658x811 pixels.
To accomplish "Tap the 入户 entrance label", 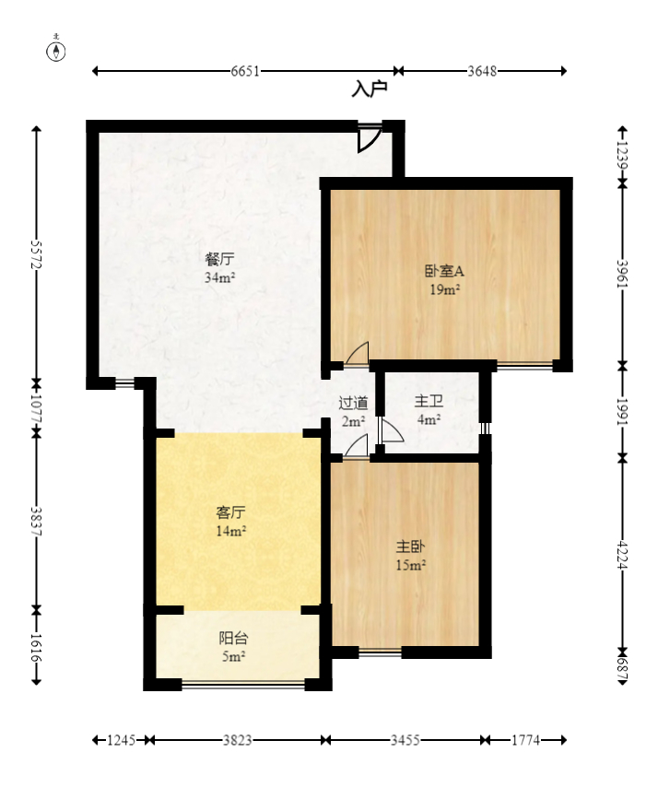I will click(x=370, y=89).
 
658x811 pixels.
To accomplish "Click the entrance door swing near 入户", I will click(x=369, y=138).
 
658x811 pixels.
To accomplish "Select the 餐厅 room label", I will click(x=220, y=259).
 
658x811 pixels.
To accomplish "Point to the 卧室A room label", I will click(x=443, y=271).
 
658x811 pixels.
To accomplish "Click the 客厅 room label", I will click(x=230, y=512).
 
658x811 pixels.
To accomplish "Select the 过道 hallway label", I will click(x=353, y=403).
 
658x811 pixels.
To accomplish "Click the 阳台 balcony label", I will click(x=232, y=638).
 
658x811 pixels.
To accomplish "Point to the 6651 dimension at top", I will click(x=245, y=71).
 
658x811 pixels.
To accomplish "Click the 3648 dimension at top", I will click(x=482, y=71).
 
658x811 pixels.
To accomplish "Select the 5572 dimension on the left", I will click(x=37, y=254).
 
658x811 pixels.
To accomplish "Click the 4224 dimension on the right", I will click(x=622, y=554).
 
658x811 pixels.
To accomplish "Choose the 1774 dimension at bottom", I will click(x=524, y=740).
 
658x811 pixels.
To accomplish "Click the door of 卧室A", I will click(x=358, y=354).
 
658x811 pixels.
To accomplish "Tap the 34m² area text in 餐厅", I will click(x=220, y=276).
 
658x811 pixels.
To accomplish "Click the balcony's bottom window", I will click(x=243, y=684).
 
